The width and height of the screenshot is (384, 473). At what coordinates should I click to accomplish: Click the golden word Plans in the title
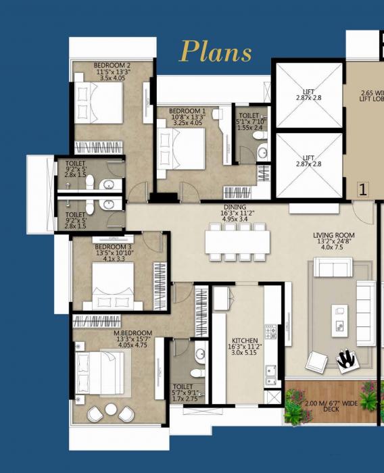(216, 52)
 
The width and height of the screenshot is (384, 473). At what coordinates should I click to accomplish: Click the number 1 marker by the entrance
(362, 190)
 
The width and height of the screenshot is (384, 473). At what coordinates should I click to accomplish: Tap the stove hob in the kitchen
(270, 332)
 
